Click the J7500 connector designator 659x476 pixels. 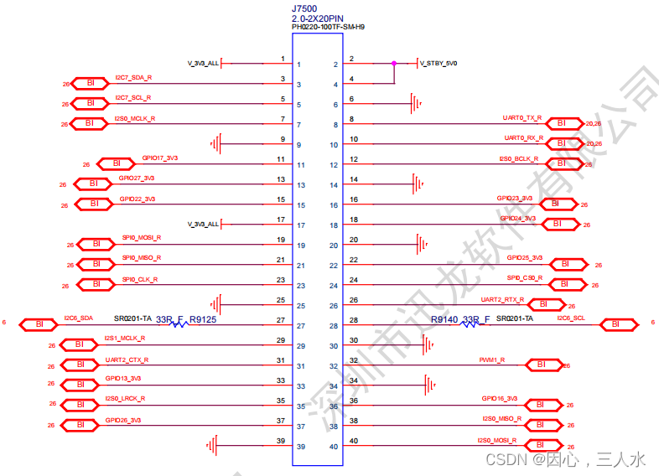pos(305,7)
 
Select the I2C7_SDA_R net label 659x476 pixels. pos(133,78)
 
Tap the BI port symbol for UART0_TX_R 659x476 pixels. pos(561,123)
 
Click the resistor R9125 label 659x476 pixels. pos(203,319)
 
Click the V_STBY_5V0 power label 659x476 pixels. pos(438,64)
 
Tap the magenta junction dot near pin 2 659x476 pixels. pos(393,63)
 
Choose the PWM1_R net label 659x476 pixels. pos(491,360)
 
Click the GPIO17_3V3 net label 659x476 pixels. pos(159,158)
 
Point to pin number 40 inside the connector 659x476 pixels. pos(334,447)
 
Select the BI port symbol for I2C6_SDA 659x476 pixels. pos(39,323)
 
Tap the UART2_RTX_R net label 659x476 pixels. pos(502,299)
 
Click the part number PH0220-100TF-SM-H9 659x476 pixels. pos(328,28)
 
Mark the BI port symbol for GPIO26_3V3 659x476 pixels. pos(80,425)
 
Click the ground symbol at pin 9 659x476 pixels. pos(217,144)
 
